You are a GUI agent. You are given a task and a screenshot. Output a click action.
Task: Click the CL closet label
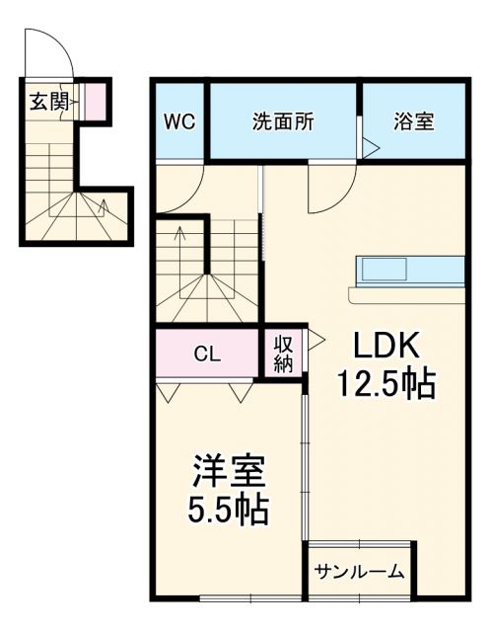tap(207, 353)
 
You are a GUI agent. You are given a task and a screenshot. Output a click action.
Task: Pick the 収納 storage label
tap(284, 353)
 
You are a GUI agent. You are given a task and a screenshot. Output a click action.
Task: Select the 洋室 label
tap(225, 470)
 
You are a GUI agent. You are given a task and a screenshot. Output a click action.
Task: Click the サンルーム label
tap(360, 571)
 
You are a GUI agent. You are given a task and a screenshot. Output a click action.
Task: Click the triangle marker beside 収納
tap(316, 342)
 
